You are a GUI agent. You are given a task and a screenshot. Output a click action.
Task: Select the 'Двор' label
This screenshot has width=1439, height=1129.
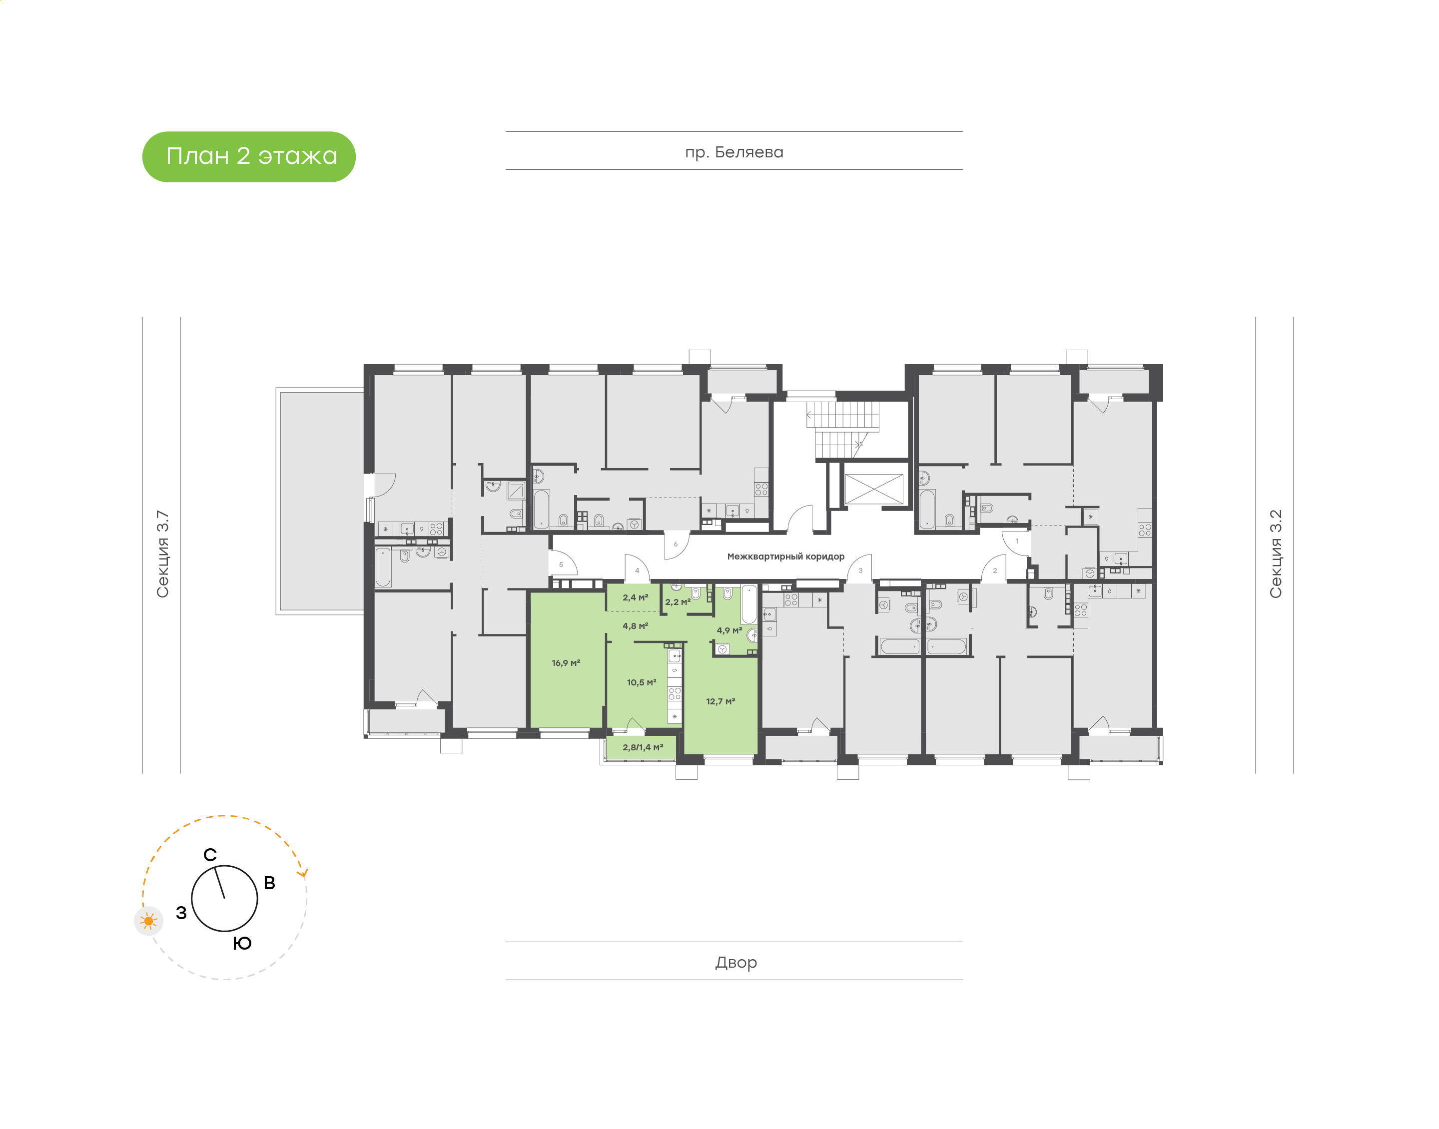[735, 963]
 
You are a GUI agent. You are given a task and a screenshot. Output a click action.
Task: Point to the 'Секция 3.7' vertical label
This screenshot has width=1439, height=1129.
[162, 554]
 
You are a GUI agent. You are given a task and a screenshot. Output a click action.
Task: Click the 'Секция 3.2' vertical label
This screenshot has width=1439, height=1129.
[1275, 554]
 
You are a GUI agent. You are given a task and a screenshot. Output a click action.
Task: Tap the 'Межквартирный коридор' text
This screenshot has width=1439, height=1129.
[785, 557]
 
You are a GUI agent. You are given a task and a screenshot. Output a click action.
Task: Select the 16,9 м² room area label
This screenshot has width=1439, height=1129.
[566, 663]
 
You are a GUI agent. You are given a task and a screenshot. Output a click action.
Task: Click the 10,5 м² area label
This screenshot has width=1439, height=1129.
[641, 682]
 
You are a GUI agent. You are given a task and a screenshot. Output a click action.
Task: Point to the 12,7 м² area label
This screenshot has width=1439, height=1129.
[720, 701]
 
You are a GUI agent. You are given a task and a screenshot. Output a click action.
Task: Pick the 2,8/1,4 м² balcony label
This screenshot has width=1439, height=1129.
[643, 748]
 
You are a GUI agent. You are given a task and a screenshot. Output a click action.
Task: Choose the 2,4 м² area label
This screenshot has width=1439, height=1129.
[635, 597]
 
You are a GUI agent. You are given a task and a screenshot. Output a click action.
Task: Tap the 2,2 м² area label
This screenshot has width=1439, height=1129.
[678, 602]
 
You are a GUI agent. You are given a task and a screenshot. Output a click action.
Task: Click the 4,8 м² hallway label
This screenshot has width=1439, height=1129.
[635, 626]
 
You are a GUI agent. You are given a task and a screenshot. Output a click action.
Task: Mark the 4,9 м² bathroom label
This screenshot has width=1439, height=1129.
[729, 630]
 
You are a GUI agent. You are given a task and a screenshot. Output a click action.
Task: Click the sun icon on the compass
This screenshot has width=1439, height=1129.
[149, 921]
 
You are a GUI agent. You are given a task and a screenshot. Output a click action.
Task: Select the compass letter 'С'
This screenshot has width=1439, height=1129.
[210, 855]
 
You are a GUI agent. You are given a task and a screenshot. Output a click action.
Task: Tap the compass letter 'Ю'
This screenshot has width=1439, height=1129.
[242, 943]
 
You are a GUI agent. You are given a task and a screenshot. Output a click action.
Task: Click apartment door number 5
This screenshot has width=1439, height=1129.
[561, 564]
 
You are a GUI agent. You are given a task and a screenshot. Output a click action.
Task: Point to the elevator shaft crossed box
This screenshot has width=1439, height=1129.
[874, 489]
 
